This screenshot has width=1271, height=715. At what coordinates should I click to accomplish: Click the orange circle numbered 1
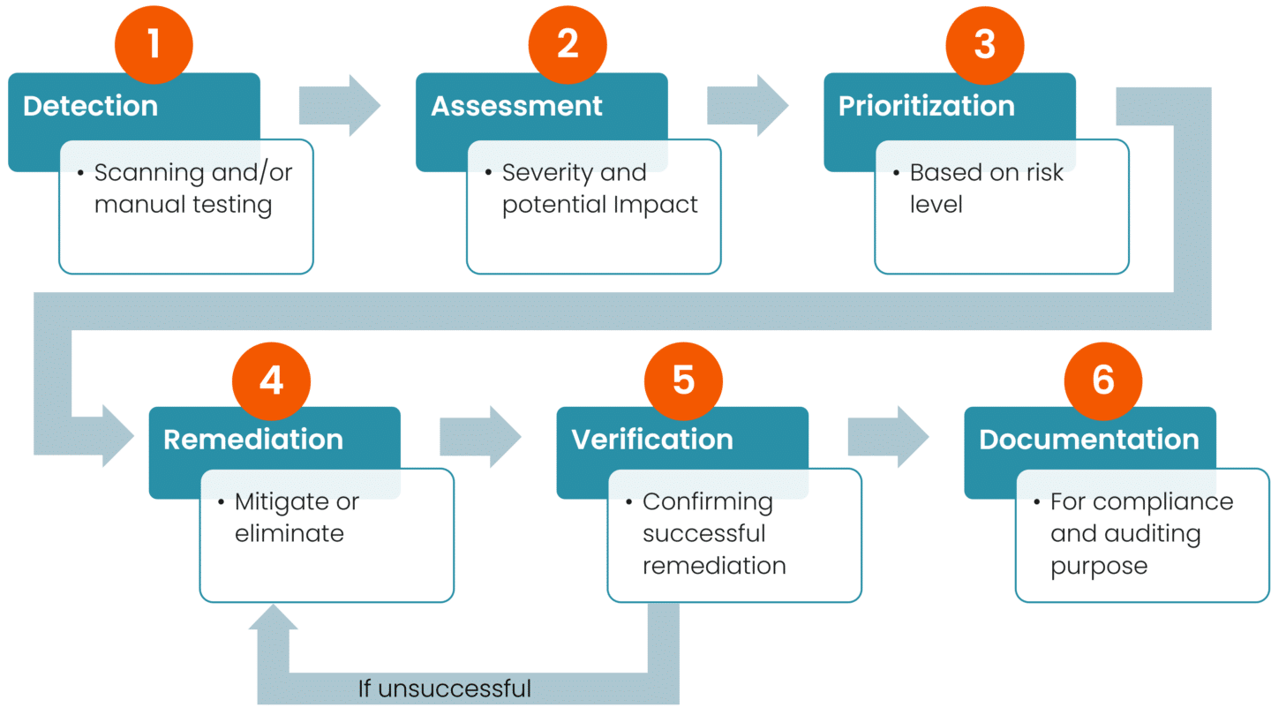point(154,44)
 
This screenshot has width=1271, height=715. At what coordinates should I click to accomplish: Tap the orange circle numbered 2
point(568,44)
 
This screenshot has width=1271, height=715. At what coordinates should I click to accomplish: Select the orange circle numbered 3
point(984,44)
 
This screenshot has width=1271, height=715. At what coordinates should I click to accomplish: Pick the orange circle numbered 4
point(271,380)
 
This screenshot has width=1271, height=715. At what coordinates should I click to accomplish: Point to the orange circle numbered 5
point(683,380)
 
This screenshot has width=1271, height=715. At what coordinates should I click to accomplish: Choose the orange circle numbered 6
point(1102,380)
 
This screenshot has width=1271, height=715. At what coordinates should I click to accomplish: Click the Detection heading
point(90,106)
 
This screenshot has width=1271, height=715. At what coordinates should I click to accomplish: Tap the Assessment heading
point(516,106)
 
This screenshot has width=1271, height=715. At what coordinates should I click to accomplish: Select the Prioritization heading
point(926,106)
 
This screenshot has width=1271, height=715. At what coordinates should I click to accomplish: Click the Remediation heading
point(253,440)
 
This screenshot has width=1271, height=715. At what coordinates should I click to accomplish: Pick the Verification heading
point(652,440)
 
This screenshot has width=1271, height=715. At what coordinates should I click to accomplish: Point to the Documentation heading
point(1088,440)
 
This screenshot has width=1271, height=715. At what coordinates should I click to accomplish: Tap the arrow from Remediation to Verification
point(480,437)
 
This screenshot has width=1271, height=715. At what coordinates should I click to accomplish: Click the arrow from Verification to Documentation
point(888,437)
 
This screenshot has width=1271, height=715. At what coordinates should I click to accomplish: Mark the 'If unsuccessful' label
point(445,689)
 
